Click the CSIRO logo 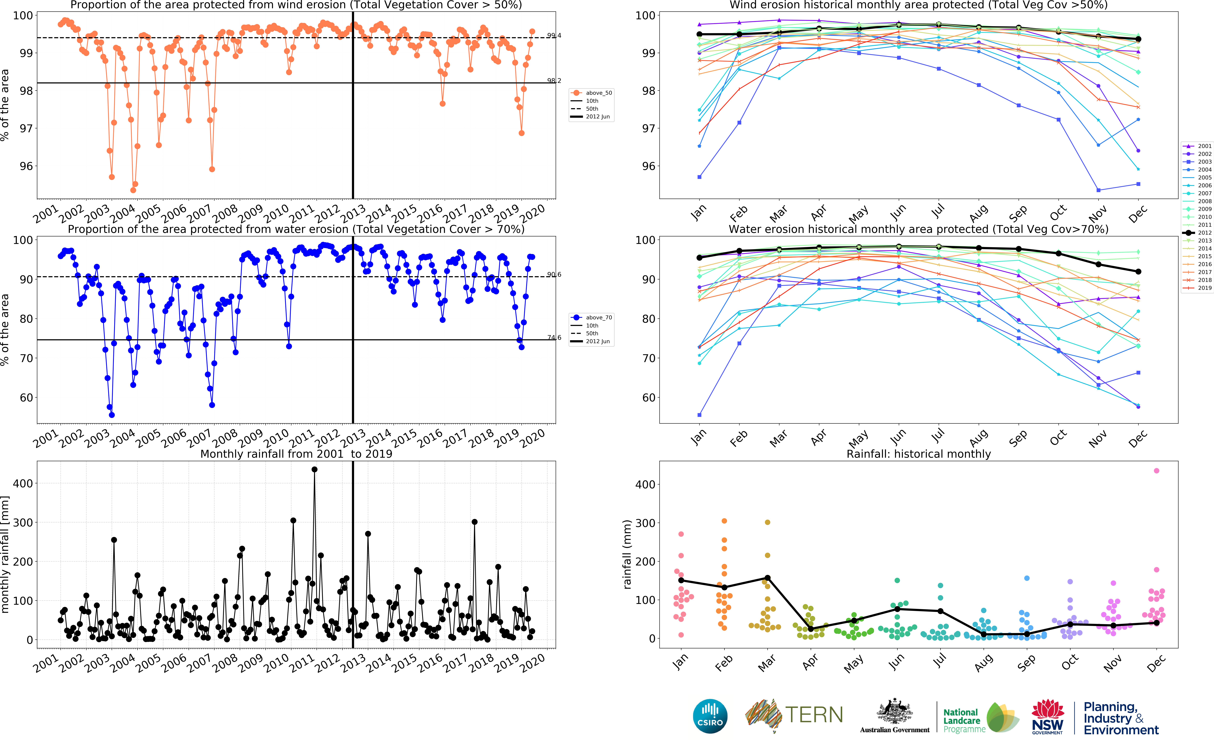(710, 716)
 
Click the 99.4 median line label (554, 36)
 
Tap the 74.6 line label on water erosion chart (554, 337)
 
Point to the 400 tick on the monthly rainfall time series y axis (23, 483)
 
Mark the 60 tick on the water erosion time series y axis (26, 398)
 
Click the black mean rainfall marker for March (767, 578)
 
